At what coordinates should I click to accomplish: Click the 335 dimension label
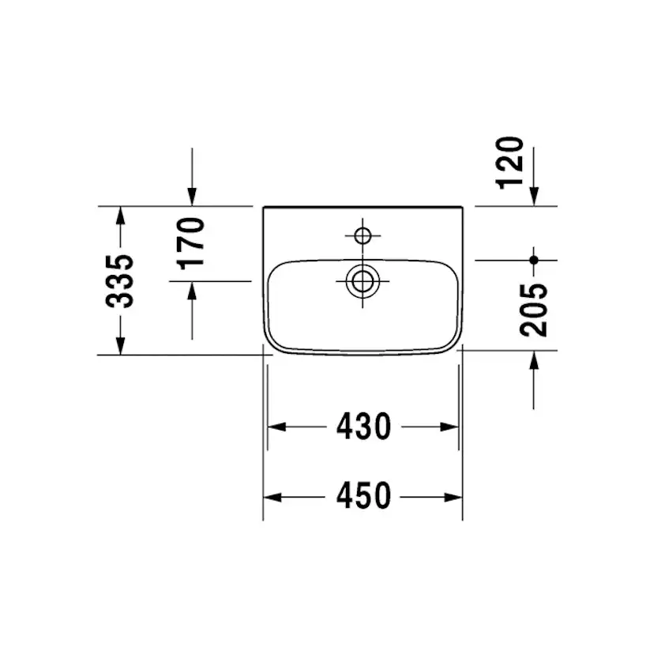120,280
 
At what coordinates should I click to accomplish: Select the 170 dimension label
192,243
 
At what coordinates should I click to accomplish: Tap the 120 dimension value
512,162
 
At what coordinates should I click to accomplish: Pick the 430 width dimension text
363,427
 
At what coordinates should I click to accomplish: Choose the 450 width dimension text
363,497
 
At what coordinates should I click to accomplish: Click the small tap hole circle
363,235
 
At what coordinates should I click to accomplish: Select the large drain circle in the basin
363,280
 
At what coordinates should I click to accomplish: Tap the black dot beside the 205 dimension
534,259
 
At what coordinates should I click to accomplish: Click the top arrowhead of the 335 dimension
120,214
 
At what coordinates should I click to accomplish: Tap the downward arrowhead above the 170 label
192,197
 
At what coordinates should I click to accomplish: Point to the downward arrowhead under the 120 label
534,197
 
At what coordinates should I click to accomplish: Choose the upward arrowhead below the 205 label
534,360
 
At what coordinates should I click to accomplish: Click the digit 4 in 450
345,497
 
